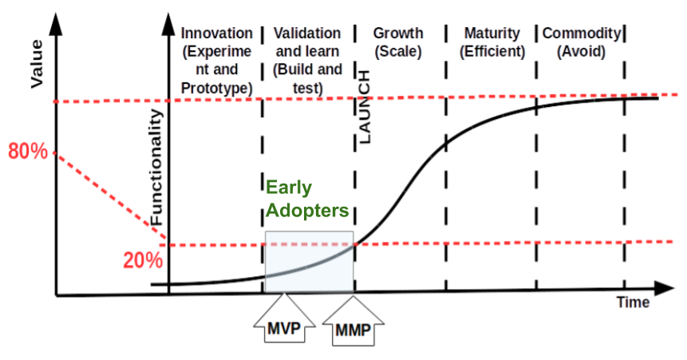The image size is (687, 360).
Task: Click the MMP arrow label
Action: click(x=353, y=329)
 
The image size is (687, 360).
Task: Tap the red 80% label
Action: click(x=28, y=150)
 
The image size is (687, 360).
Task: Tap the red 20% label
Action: click(x=144, y=260)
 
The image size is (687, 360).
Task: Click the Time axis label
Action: click(x=633, y=303)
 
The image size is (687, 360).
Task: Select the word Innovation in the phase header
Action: click(x=217, y=34)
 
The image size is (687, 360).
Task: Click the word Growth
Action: click(x=398, y=34)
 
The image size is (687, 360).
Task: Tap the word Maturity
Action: click(x=492, y=34)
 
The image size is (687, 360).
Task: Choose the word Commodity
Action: click(x=581, y=34)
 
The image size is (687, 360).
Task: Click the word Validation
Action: click(x=307, y=34)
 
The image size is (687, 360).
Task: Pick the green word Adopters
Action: click(x=308, y=211)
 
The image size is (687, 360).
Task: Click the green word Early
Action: click(x=289, y=188)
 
